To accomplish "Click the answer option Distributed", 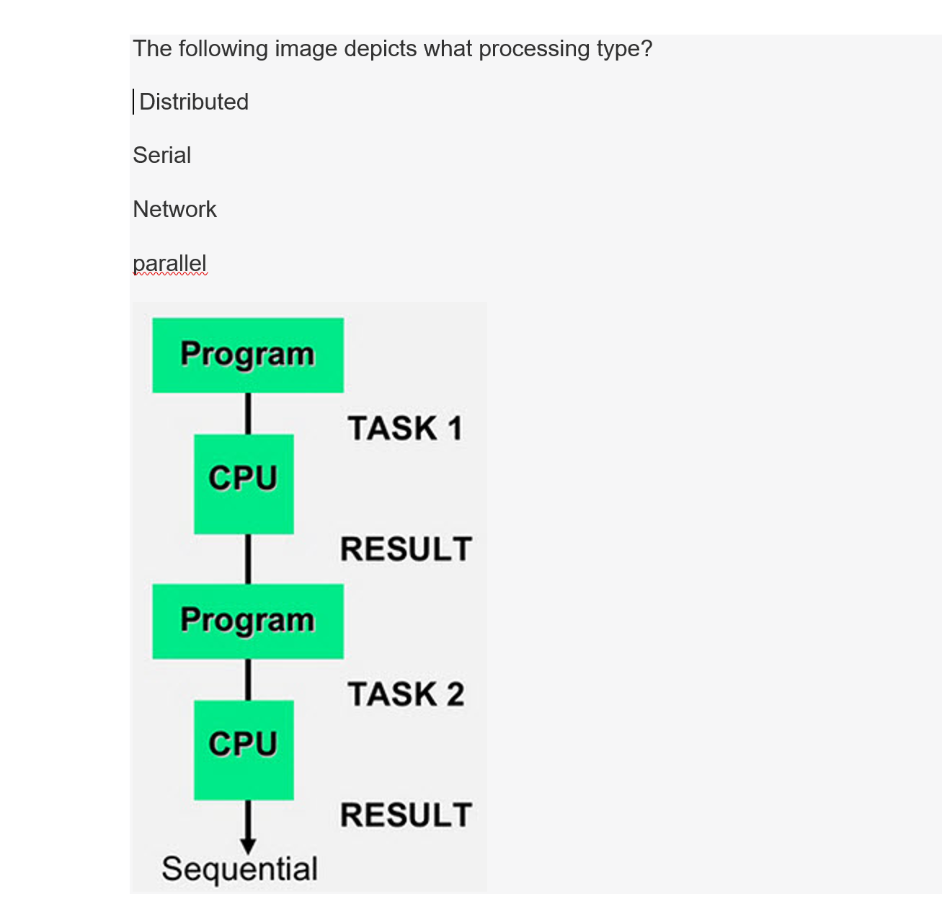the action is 194,102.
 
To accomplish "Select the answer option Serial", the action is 161,155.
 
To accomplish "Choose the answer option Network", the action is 174,209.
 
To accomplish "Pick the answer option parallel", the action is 169,264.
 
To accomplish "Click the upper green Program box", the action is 248,355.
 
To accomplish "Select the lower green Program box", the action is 248,621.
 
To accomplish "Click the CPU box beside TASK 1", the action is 244,484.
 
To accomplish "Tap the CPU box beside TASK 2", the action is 244,750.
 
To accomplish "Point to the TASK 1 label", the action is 405,428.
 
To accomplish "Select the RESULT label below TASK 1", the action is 406,549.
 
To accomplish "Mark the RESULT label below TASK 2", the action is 406,815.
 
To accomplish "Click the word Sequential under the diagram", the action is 239,869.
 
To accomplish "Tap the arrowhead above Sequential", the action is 249,846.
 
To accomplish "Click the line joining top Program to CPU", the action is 249,414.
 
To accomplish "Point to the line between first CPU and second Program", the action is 249,559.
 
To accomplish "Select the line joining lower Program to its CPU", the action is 249,680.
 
